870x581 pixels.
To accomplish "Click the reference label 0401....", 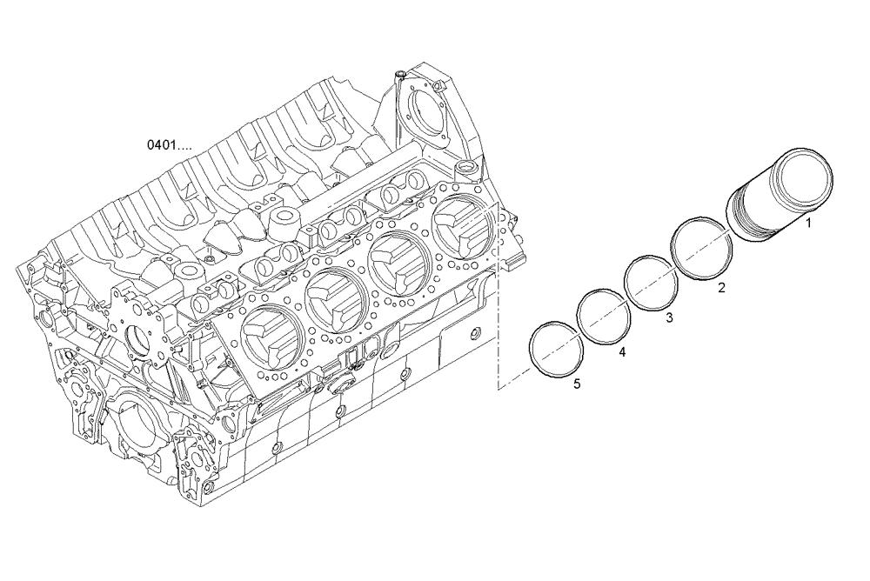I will pyautogui.click(x=170, y=144).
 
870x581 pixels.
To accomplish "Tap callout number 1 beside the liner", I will pyautogui.click(x=808, y=223).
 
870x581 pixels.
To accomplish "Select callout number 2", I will pyautogui.click(x=721, y=286).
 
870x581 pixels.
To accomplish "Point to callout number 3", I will pyautogui.click(x=668, y=318).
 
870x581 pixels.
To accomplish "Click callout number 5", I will pyautogui.click(x=576, y=383).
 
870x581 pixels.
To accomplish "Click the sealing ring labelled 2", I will pyautogui.click(x=700, y=249).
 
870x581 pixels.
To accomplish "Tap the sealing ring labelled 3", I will pyautogui.click(x=652, y=283).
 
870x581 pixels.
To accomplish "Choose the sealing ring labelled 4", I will pyautogui.click(x=604, y=315).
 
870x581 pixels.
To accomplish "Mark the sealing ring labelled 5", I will pyautogui.click(x=556, y=349).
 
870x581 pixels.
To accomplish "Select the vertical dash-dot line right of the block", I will pyautogui.click(x=498, y=331).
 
